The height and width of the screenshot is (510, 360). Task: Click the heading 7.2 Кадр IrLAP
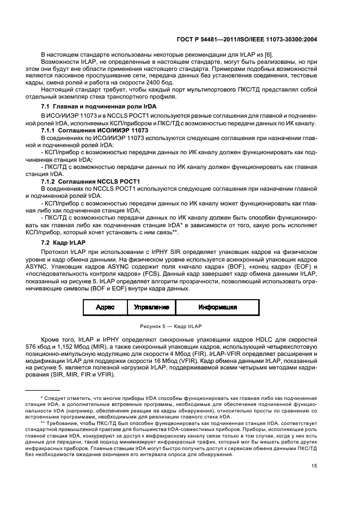point(63,241)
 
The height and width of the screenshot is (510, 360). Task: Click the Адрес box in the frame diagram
point(105,307)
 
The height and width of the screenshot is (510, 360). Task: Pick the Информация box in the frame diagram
point(218,307)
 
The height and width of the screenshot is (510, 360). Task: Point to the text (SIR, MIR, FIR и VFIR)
point(84,375)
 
